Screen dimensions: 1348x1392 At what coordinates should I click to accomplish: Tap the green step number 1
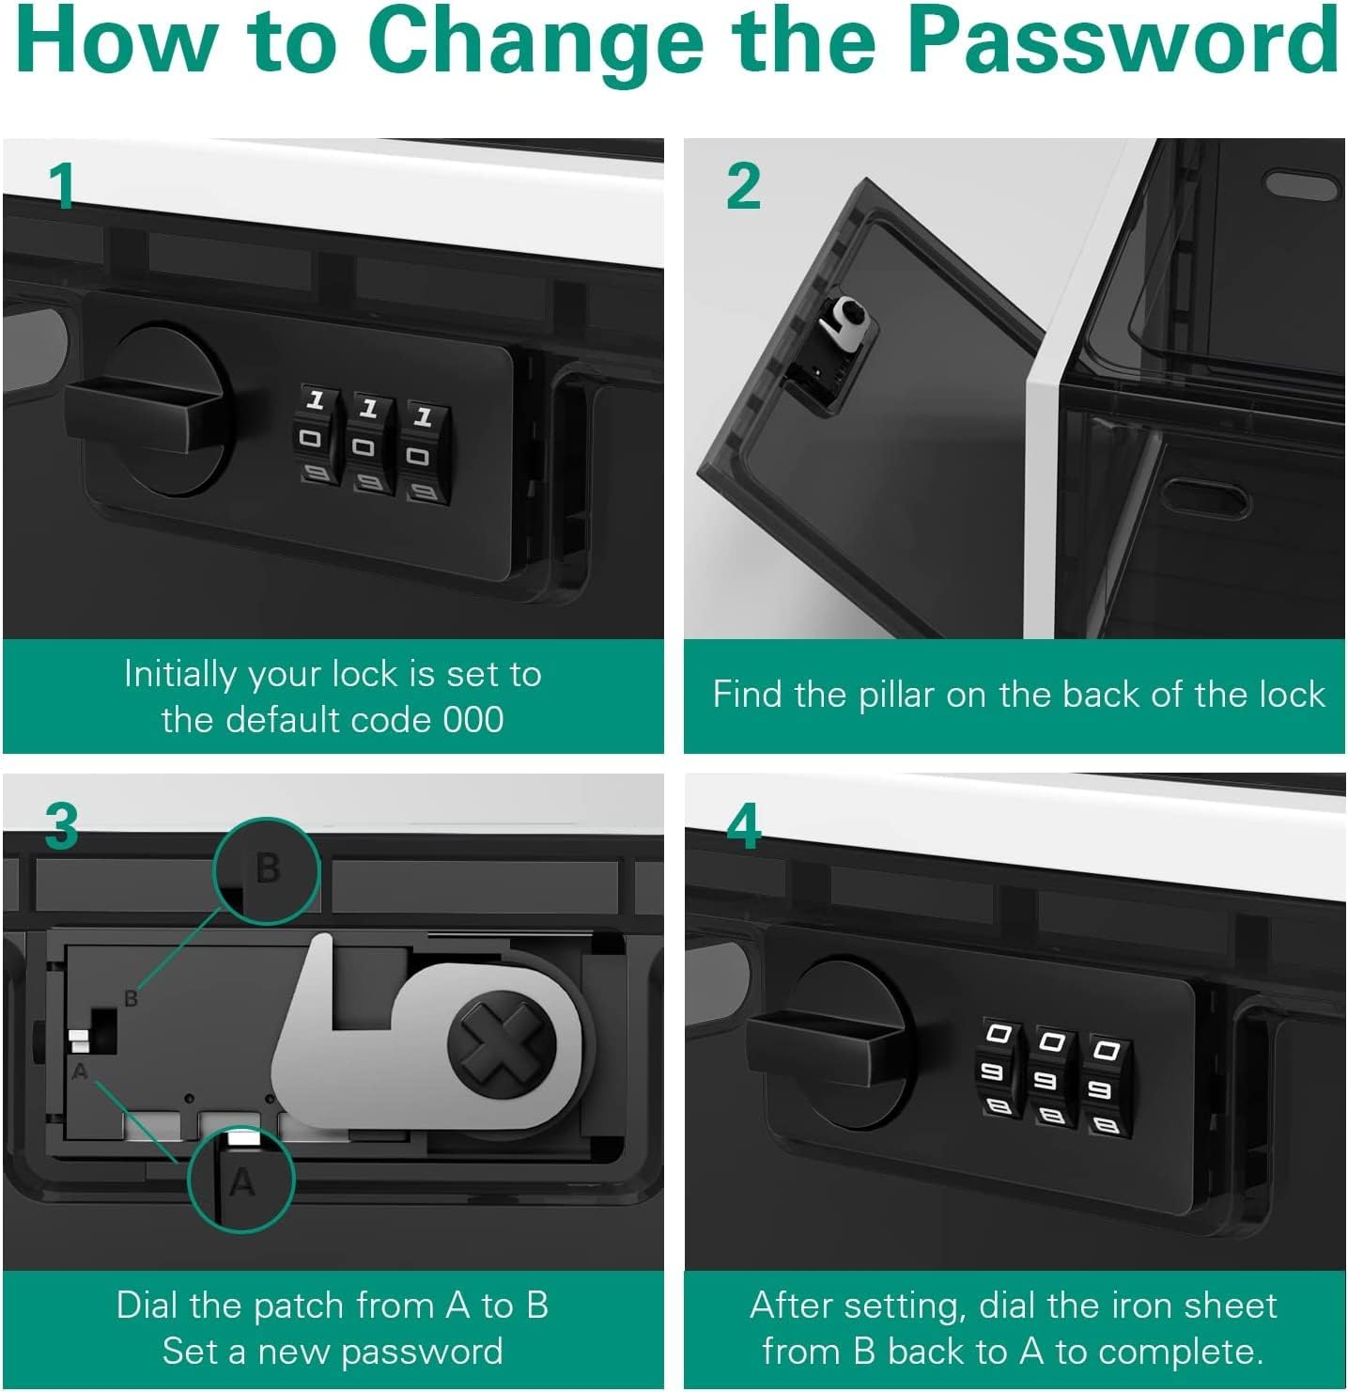click(x=63, y=186)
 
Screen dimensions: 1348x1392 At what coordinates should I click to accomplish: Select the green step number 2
click(x=744, y=186)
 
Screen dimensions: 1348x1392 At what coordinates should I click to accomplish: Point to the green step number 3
click(x=61, y=826)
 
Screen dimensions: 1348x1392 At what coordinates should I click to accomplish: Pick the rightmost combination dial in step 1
click(x=424, y=454)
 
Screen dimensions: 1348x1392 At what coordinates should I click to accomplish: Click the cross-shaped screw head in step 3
click(x=502, y=1046)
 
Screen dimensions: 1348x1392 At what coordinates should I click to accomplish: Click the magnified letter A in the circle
click(x=242, y=1181)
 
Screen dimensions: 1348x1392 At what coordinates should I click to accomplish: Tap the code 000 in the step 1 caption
click(x=473, y=719)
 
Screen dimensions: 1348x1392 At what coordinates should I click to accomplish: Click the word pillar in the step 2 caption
click(x=896, y=696)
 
